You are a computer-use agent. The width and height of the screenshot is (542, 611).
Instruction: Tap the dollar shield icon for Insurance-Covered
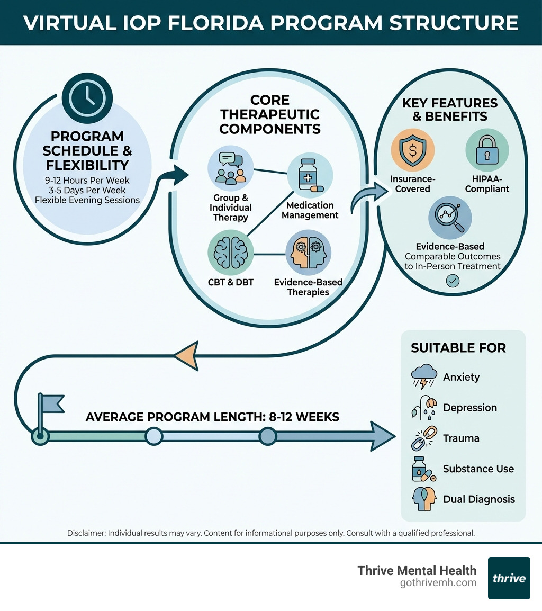(412, 150)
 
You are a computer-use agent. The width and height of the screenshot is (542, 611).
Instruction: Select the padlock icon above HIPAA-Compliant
(486, 150)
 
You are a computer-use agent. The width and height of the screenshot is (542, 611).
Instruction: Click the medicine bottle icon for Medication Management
(310, 176)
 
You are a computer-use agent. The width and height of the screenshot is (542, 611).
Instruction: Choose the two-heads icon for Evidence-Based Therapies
(308, 253)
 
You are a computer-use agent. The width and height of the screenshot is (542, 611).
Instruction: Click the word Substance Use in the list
(478, 469)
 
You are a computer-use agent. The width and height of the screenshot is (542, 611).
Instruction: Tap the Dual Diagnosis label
(478, 499)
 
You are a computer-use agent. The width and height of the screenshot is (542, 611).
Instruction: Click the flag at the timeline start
(50, 405)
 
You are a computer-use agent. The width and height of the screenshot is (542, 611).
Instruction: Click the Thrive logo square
(509, 578)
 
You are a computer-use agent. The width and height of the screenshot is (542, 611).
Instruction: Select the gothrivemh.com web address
(439, 583)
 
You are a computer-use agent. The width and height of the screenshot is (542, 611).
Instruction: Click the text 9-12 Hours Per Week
(87, 181)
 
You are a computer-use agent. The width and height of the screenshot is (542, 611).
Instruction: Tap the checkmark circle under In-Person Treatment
(453, 281)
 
